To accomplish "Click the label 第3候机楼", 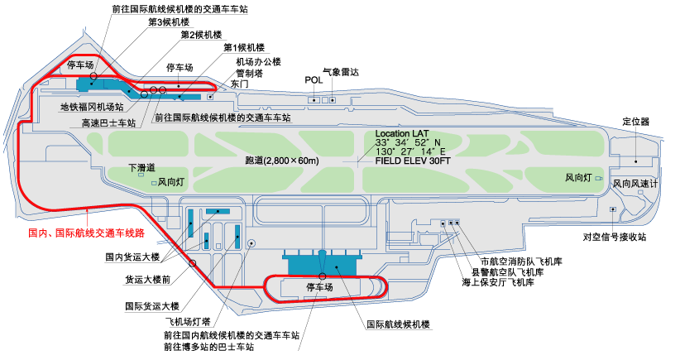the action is pos(169,22).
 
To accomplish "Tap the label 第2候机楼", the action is pos(201,35).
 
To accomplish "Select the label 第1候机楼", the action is pos(244,48).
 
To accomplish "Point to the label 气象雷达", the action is pos(341,72).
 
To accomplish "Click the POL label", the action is pos(314,80).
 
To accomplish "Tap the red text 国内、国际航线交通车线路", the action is pos(86,233).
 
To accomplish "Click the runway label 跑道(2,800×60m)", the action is pos(282,161).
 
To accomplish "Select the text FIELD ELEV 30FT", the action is pos(413,161).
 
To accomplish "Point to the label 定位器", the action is pos(636,122).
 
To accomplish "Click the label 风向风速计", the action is pos(635,184).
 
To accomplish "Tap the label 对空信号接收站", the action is pos(615,237).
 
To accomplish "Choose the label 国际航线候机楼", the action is pos(398,324).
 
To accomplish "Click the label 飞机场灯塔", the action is pos(188,321).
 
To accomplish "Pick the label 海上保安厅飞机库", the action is pos(498,282).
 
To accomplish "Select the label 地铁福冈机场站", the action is pos(92,107).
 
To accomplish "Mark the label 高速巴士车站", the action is pos(109,123).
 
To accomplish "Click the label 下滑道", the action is pos(141,167).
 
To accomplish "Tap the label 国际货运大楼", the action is pos(152,306).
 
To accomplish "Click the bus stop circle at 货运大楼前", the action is pos(193,263).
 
